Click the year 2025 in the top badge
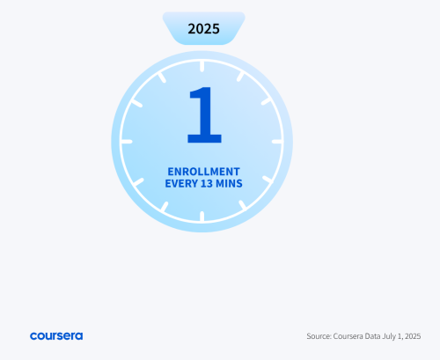pos(203,29)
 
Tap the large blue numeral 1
pos(204,114)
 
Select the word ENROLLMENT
pos(203,172)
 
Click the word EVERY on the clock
pos(181,183)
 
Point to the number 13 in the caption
pos(207,183)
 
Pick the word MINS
pos(229,183)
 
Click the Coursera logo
pos(56,336)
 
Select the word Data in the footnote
pos(373,336)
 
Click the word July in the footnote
pos(389,336)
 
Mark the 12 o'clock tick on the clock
pos(202,66)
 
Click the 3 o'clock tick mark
pos(277,142)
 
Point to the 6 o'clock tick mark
pos(202,217)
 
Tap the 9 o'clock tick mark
pos(127,142)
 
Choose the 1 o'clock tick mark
pos(240,77)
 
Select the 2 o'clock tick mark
pos(267,101)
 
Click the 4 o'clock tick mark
pos(268,180)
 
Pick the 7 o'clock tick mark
pos(165,207)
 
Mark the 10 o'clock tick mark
pos(136,103)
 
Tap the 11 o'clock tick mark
pos(162,77)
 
